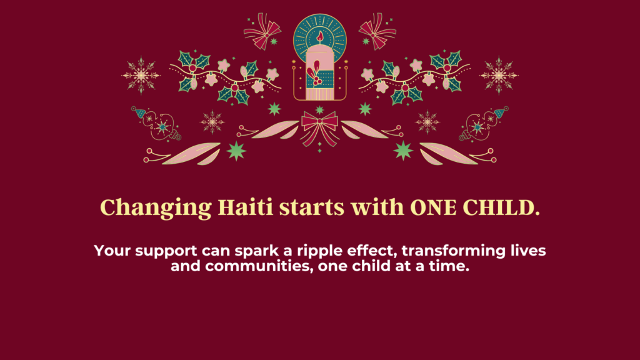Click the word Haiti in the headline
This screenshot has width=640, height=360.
[x=245, y=207]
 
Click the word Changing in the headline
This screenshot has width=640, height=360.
[x=156, y=208]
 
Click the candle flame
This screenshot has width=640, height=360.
[x=320, y=37]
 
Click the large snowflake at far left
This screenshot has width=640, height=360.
[x=141, y=76]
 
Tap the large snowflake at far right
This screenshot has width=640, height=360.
[x=499, y=76]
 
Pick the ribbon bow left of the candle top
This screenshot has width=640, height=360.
[x=262, y=31]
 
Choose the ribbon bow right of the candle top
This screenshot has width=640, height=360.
[x=377, y=31]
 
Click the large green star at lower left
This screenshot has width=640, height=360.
[x=236, y=151]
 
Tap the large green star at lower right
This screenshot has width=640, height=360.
[x=403, y=151]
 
